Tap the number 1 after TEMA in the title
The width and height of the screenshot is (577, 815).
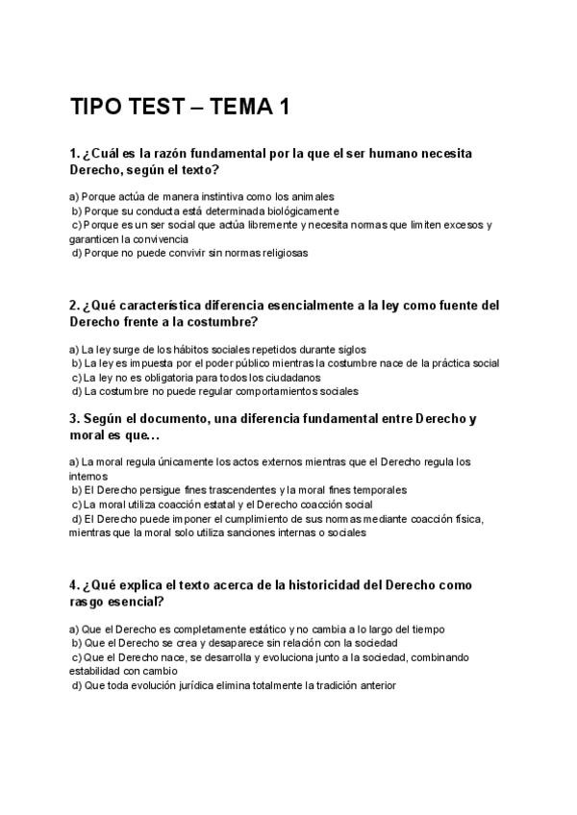pyautogui.click(x=284, y=107)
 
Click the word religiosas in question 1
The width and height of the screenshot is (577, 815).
pyautogui.click(x=278, y=253)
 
